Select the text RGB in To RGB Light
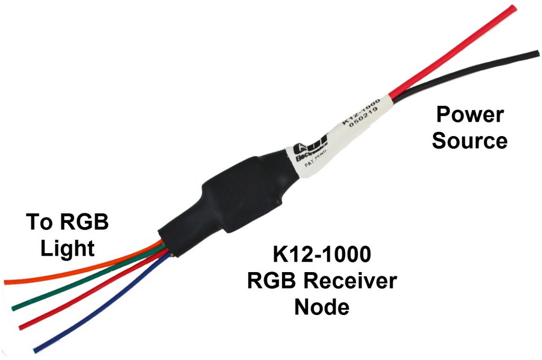pyautogui.click(x=84, y=222)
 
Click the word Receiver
pyautogui.click(x=353, y=281)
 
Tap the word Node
pyautogui.click(x=322, y=306)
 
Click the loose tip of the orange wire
pyautogui.click(x=6, y=282)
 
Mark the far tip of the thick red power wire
pyautogui.click(x=513, y=7)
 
